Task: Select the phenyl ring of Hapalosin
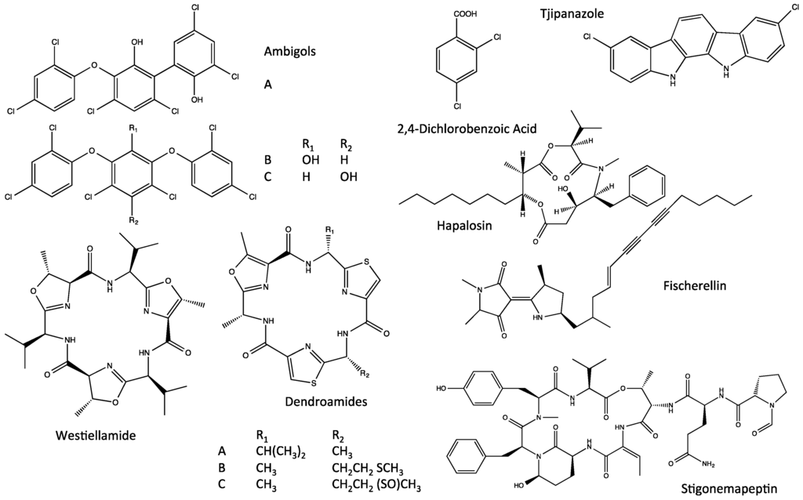649,185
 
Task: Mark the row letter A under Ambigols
267,89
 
